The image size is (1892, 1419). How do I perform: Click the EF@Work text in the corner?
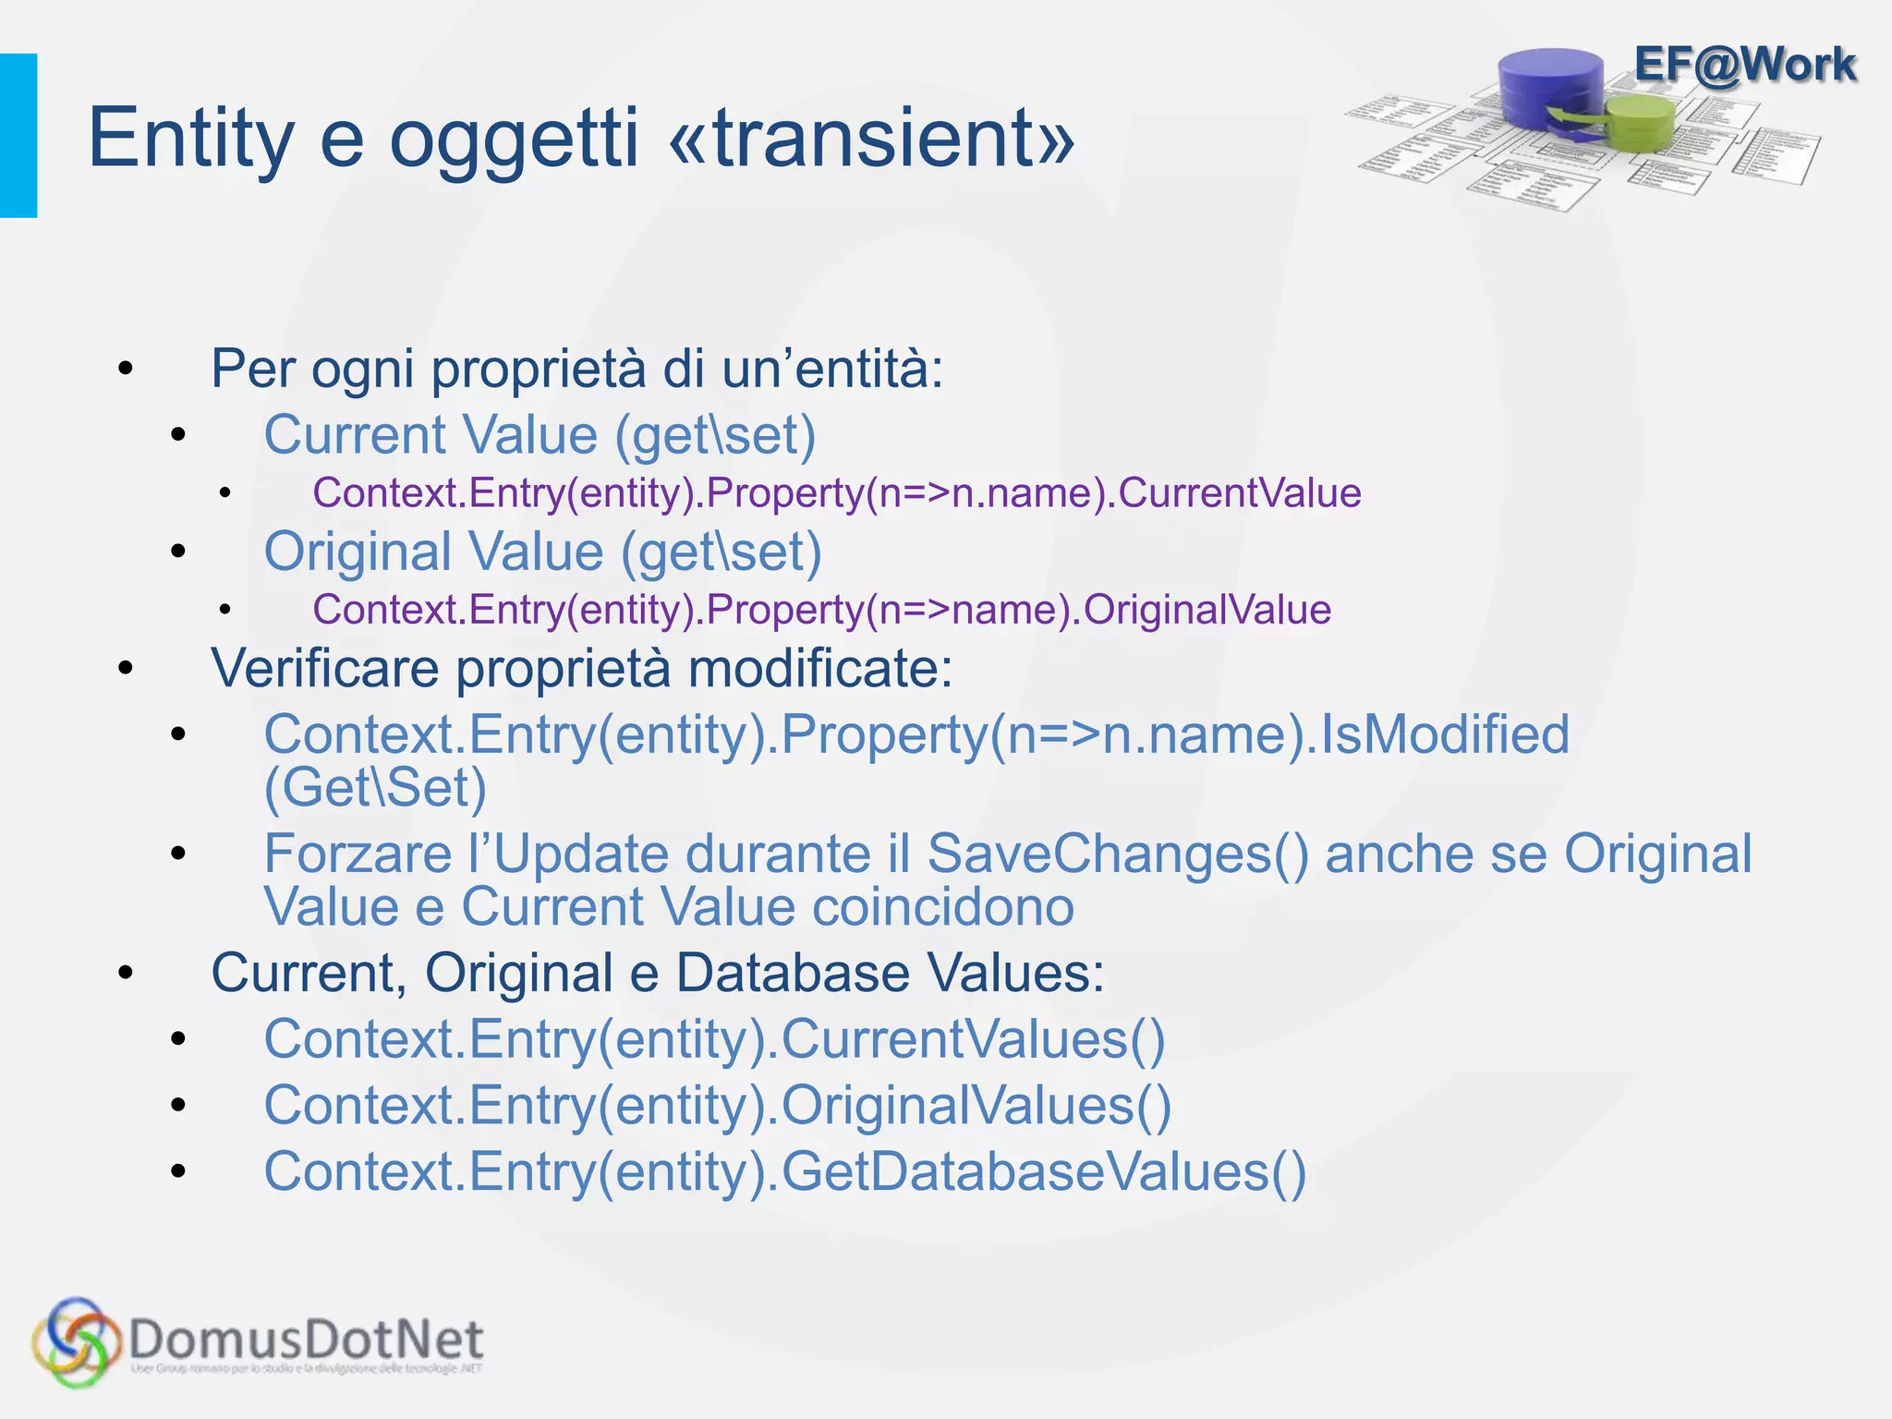point(1744,65)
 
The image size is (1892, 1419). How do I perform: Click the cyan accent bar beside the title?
point(18,136)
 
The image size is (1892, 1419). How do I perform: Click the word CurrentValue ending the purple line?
point(1240,493)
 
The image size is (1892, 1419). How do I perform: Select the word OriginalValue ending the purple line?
point(1207,610)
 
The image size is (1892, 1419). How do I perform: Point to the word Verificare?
point(324,668)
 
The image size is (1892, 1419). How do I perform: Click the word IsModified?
point(1446,735)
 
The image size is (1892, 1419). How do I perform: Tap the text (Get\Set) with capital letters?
point(375,788)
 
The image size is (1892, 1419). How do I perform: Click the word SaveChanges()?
point(1118,854)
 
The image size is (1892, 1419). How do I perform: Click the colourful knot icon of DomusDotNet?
point(76,1342)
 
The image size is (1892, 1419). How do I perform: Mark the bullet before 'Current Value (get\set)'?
point(178,434)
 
